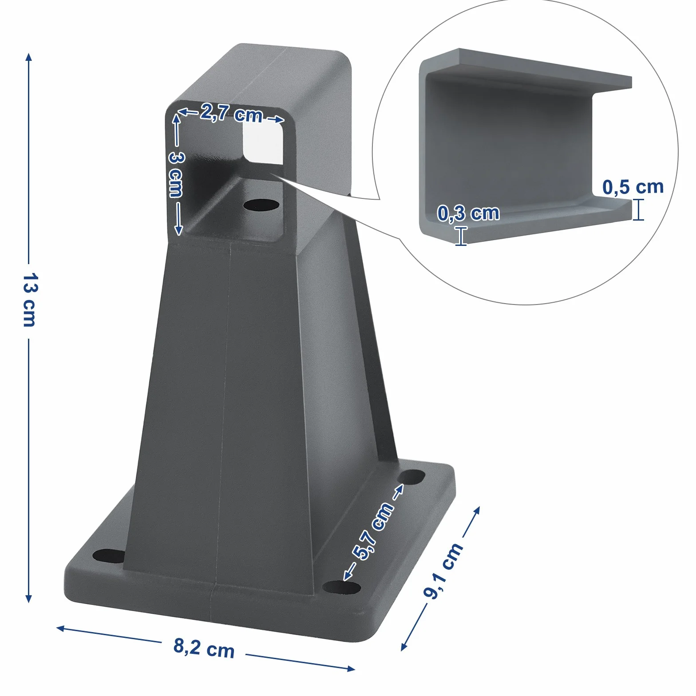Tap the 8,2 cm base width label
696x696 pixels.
coord(204,648)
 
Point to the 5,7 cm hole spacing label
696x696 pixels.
coord(373,531)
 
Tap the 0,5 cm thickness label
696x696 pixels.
coord(633,187)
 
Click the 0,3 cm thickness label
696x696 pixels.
coord(469,213)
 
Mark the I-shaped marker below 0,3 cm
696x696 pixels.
coord(461,236)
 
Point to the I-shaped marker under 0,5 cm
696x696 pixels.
coord(638,210)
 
